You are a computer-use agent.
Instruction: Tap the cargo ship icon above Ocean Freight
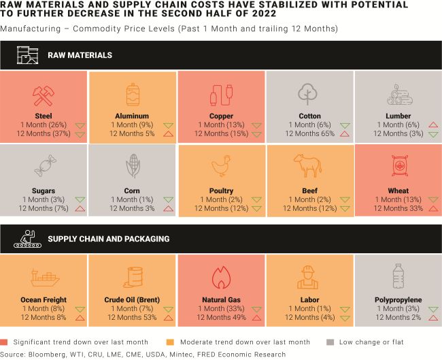(x=44, y=277)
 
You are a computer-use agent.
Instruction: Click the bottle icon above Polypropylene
(x=398, y=276)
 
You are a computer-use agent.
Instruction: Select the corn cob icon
(x=133, y=166)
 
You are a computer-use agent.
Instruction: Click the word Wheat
(x=398, y=191)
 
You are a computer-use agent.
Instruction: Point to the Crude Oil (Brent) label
(x=133, y=300)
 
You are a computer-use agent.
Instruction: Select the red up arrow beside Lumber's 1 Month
(x=433, y=125)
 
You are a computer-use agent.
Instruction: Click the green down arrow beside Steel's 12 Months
(x=80, y=134)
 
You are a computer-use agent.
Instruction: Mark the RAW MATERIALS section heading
(x=80, y=55)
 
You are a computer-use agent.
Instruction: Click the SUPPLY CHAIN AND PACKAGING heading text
(x=109, y=239)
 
